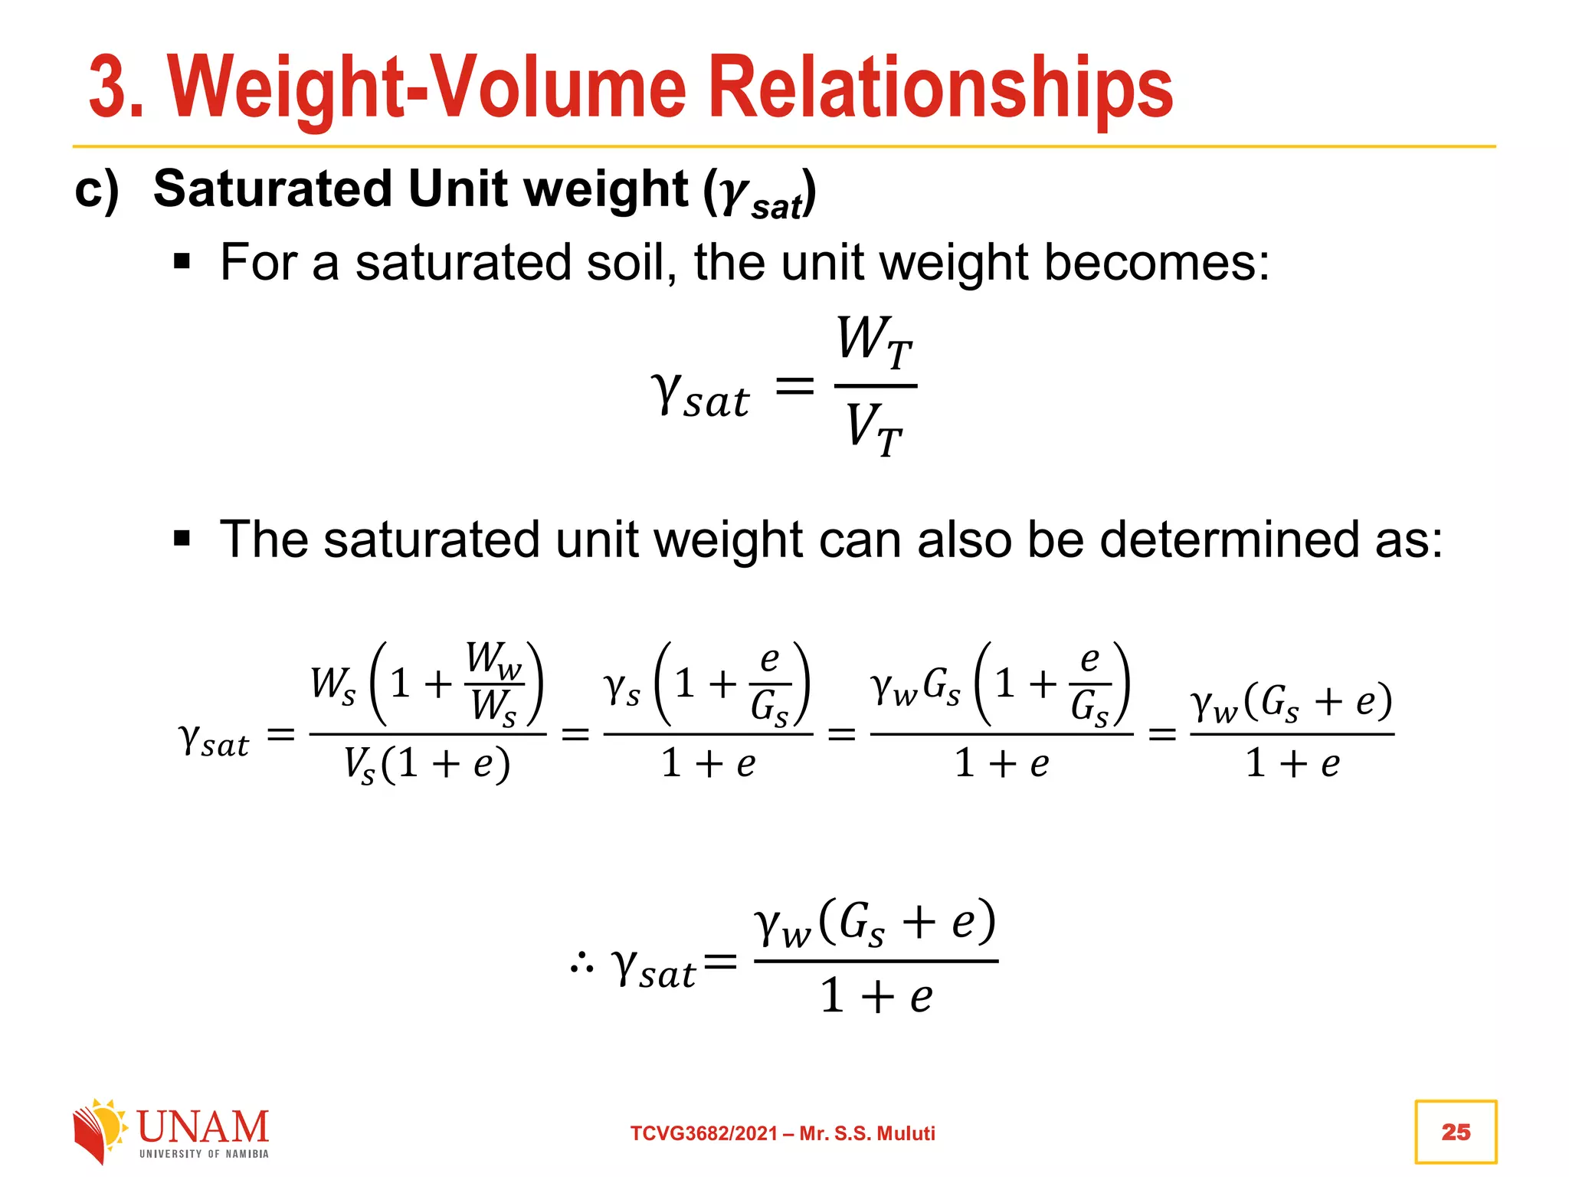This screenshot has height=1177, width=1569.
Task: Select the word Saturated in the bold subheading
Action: pyautogui.click(x=273, y=189)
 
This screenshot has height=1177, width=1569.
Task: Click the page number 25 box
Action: pyautogui.click(x=1455, y=1132)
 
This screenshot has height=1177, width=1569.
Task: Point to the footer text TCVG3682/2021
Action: pyautogui.click(x=703, y=1133)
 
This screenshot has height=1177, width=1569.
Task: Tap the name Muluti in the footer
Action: pyautogui.click(x=906, y=1133)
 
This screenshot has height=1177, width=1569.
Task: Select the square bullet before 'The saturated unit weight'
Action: pyautogui.click(x=182, y=539)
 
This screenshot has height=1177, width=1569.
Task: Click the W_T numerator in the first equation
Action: pyautogui.click(x=874, y=342)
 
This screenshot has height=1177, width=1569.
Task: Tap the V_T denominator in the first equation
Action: pyautogui.click(x=874, y=428)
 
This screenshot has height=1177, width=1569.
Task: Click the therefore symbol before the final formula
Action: pyautogui.click(x=581, y=963)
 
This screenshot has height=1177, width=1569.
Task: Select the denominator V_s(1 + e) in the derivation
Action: pyautogui.click(x=426, y=764)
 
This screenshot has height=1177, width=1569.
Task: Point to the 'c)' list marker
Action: pyautogui.click(x=97, y=189)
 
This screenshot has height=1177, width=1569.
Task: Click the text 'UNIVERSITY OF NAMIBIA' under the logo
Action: pyautogui.click(x=204, y=1154)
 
